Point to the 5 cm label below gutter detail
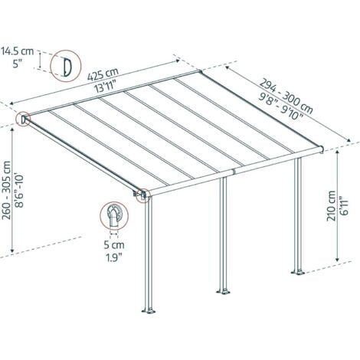coord(115,246)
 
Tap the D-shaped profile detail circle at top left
coord(69,65)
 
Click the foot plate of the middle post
coord(224,292)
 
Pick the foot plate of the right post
coord(296,270)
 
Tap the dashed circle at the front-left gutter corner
coord(142,195)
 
